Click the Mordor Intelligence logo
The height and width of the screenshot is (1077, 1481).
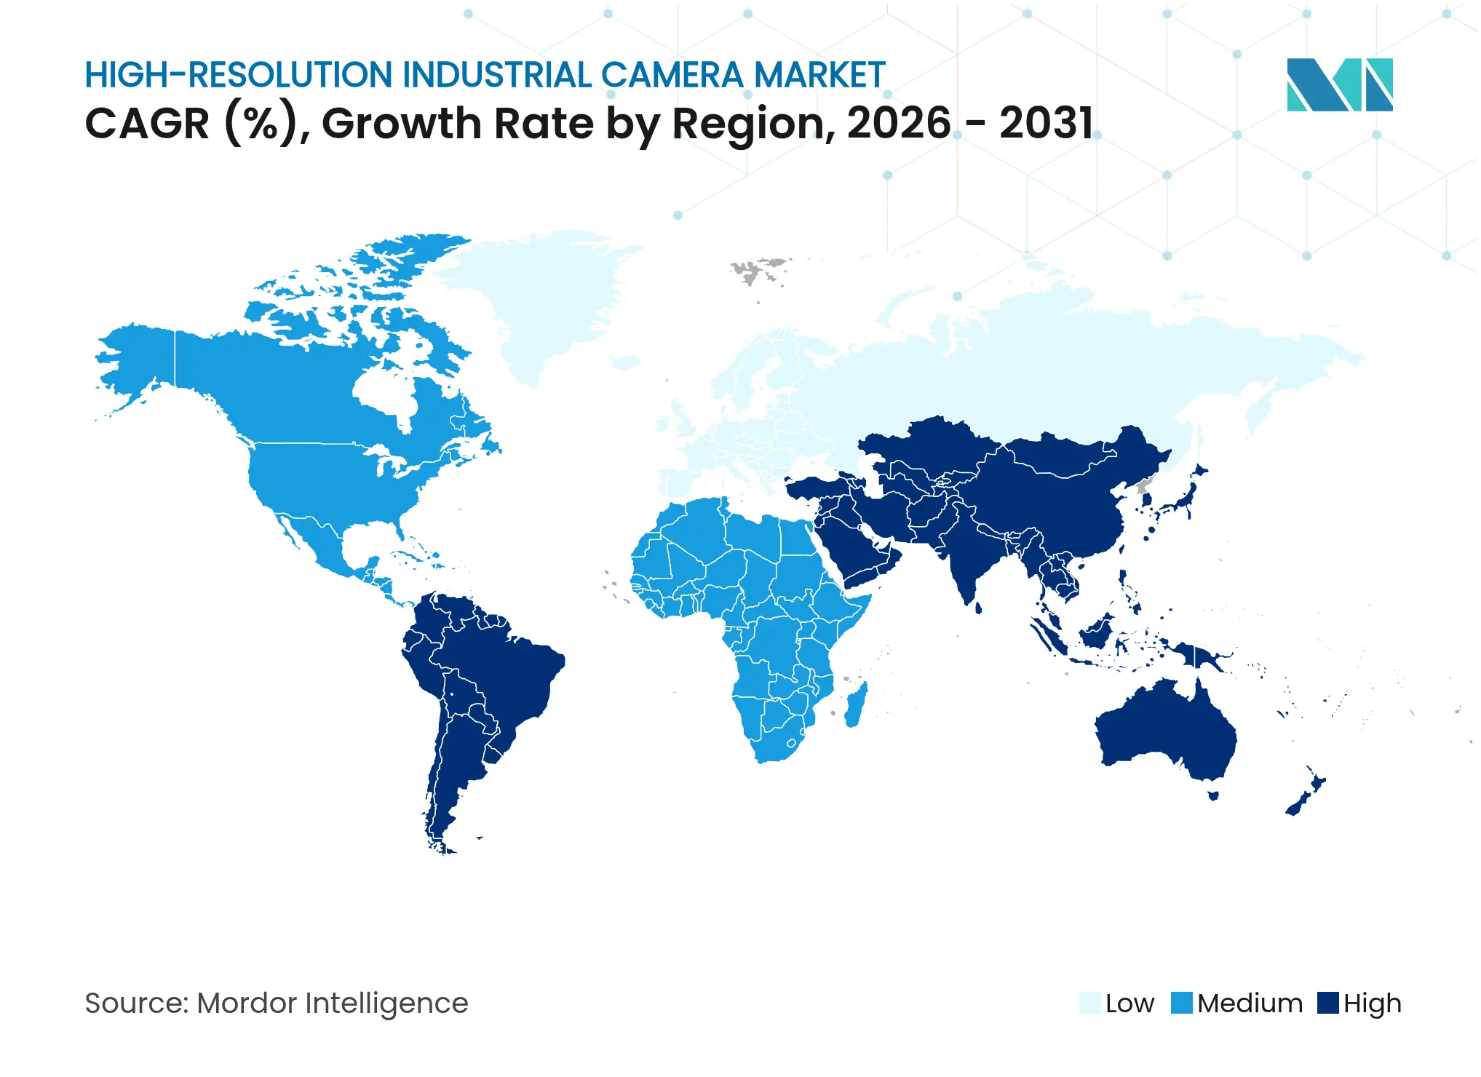1339,84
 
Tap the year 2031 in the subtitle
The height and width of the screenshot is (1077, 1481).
1046,123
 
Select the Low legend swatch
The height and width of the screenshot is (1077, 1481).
1089,1003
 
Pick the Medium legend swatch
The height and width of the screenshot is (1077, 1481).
1181,1003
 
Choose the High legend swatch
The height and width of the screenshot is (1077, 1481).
1327,1003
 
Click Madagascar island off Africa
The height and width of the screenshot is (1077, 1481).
855,704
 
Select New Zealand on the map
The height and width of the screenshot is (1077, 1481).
1306,797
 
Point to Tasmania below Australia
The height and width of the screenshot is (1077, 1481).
1213,795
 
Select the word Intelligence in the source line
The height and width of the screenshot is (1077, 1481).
386,1003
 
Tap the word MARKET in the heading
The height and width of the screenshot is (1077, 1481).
819,75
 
